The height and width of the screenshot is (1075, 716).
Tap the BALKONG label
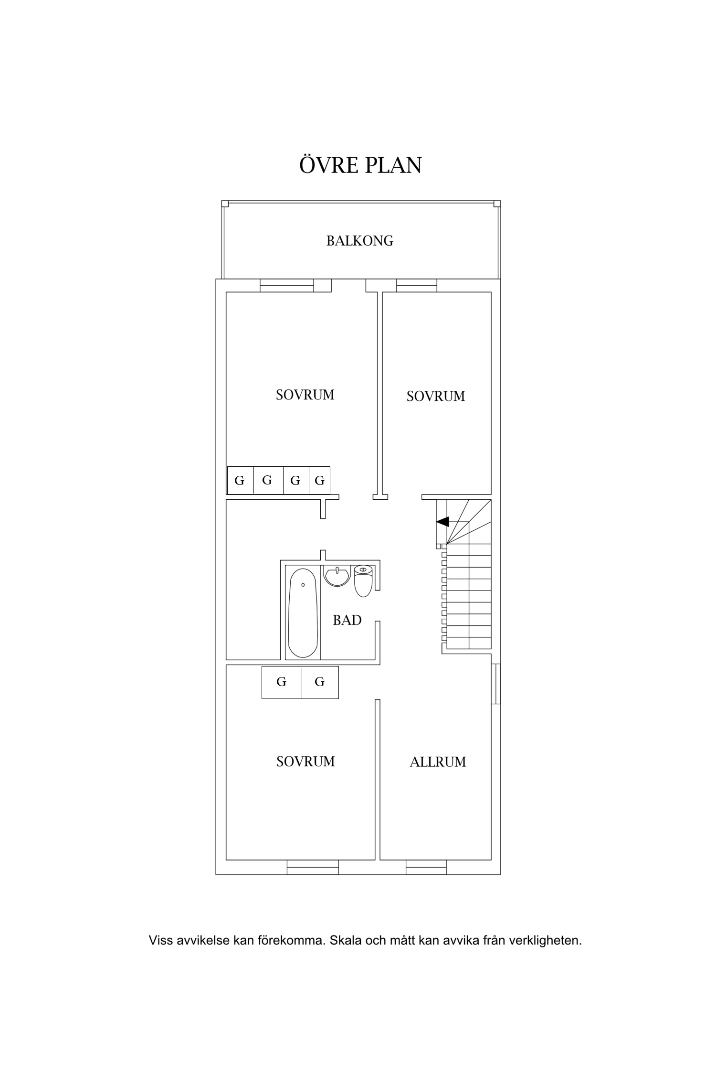click(x=360, y=240)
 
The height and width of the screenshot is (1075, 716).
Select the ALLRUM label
click(x=438, y=762)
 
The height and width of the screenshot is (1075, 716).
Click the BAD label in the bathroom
click(x=347, y=620)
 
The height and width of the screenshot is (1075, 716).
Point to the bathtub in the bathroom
click(x=303, y=613)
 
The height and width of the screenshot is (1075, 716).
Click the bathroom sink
click(x=337, y=575)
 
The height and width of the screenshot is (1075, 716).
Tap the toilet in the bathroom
click(x=363, y=580)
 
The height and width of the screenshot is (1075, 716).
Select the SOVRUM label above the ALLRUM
click(x=435, y=396)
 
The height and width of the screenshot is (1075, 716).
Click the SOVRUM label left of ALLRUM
click(x=305, y=761)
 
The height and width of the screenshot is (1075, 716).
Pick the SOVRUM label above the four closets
click(x=305, y=395)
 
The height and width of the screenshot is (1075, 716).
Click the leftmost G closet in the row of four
click(x=240, y=480)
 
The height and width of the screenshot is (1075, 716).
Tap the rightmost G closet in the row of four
click(x=320, y=480)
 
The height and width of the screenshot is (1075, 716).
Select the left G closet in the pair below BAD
click(x=282, y=682)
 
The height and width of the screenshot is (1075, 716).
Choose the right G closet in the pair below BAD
click(x=320, y=682)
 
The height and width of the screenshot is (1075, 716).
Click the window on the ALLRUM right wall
click(x=496, y=684)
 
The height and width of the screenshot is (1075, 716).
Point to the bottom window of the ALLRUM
click(x=427, y=867)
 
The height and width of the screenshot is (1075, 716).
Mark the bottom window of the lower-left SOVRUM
click(x=313, y=867)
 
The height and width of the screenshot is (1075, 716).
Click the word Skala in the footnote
click(x=345, y=941)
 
